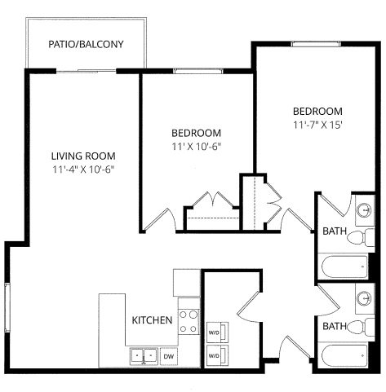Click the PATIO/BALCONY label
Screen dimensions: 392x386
pyautogui.click(x=86, y=44)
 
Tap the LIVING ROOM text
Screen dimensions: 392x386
pyautogui.click(x=82, y=156)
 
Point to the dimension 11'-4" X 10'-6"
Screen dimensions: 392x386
pyautogui.click(x=82, y=170)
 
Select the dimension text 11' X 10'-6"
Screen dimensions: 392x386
pyautogui.click(x=196, y=147)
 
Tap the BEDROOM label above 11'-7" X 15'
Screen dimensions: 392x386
pyautogui.click(x=317, y=112)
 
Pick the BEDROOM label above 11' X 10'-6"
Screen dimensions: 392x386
pyautogui.click(x=196, y=133)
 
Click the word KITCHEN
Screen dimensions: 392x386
pyautogui.click(x=152, y=320)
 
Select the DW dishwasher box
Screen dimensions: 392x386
pyautogui.click(x=169, y=356)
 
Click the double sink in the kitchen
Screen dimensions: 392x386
pyautogui.click(x=143, y=356)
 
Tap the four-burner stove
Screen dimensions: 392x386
pyautogui.click(x=189, y=320)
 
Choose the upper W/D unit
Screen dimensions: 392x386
pyautogui.click(x=216, y=333)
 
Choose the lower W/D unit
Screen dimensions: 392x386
pyautogui.click(x=216, y=356)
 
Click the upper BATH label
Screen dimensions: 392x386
pyautogui.click(x=334, y=231)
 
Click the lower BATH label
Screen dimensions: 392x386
pyautogui.click(x=334, y=326)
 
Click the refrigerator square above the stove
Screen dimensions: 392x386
pyautogui.click(x=186, y=283)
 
